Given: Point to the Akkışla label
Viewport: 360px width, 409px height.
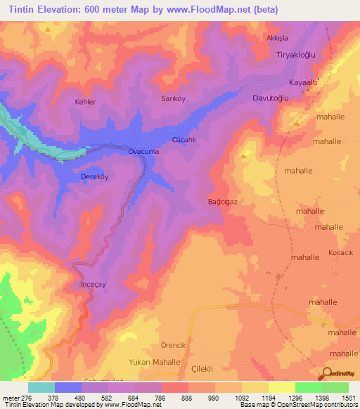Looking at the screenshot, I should tap(277, 37).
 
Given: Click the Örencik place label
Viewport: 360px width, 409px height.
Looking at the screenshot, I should tap(172, 345).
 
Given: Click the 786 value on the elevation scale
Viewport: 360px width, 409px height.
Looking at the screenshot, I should tap(161, 397).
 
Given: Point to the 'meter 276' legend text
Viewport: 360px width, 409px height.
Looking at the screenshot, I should tap(17, 397).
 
